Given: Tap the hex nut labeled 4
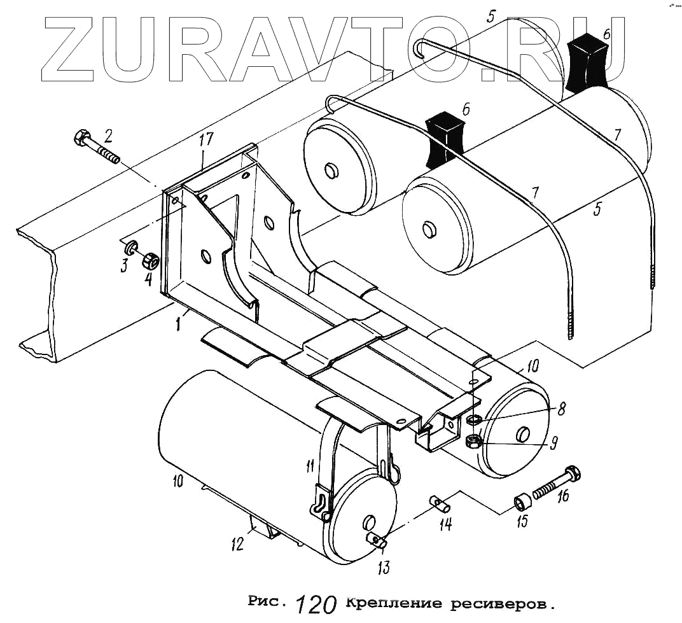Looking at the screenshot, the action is tap(150, 260).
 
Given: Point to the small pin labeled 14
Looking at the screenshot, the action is tap(440, 503).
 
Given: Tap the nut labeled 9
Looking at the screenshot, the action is tap(473, 441).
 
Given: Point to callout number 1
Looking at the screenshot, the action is tap(179, 325).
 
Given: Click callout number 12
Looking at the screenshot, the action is tap(238, 544).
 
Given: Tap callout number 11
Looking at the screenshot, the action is tap(310, 467).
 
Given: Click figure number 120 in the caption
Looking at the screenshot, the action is tap(316, 603).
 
